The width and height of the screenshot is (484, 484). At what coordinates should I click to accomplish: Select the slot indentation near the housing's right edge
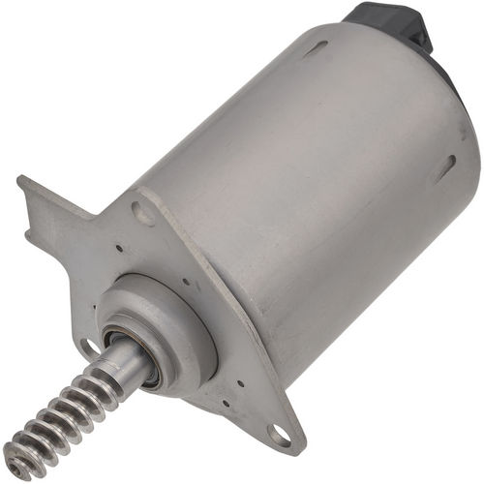coord(444,169)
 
